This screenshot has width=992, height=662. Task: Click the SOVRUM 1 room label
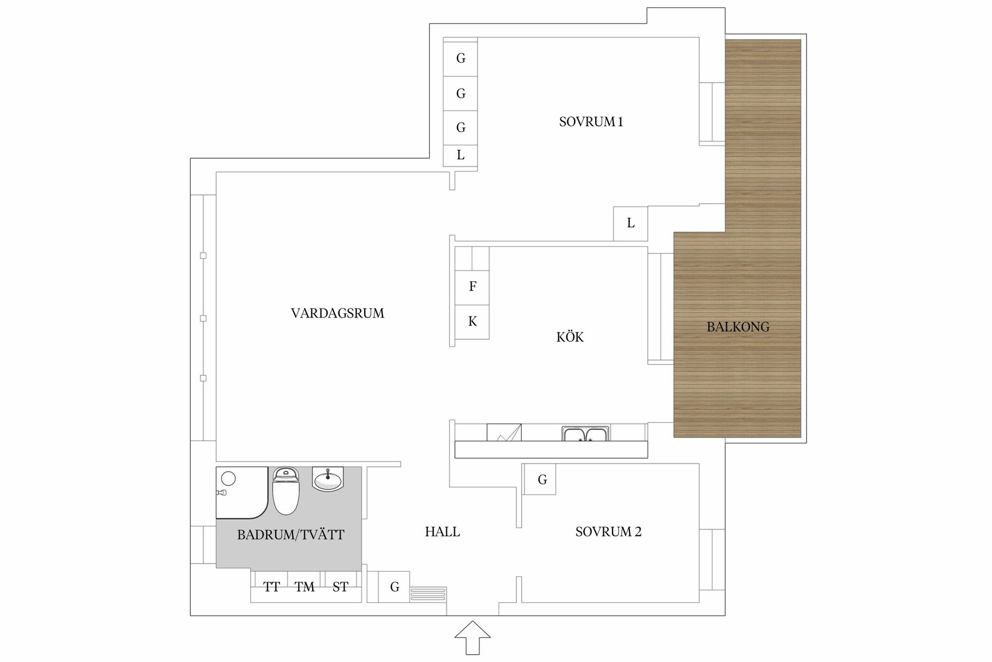point(591,122)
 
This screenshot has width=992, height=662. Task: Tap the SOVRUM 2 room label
point(608,532)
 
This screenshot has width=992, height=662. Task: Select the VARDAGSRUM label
point(337,313)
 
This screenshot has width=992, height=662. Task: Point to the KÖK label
point(570,337)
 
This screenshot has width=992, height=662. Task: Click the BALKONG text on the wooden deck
point(738,327)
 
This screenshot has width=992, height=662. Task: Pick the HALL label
point(442,532)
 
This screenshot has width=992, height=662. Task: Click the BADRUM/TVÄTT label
point(290,535)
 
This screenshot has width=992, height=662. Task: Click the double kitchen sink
point(586,434)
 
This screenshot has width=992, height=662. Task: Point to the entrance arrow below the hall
point(472,638)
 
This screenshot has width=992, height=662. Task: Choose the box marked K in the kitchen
point(472,322)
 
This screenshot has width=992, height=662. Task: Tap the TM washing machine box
point(304,587)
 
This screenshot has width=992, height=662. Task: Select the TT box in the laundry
point(271,587)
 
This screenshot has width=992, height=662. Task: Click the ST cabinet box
point(340,587)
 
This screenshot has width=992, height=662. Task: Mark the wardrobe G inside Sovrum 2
point(541,479)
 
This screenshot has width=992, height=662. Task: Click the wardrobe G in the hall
point(394,587)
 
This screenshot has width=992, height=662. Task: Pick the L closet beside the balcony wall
point(630,223)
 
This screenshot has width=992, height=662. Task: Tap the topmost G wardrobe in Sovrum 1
point(460,58)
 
